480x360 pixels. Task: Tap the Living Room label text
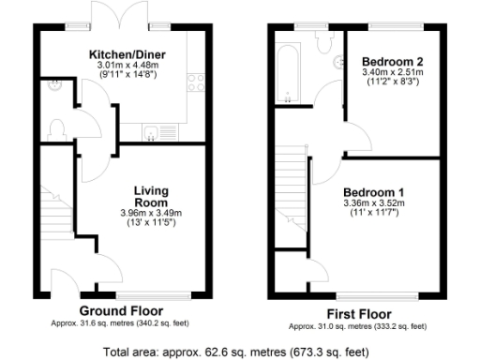[x=150, y=195]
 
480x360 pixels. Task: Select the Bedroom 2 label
[x=393, y=61]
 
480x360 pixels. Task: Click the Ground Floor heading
[x=121, y=310]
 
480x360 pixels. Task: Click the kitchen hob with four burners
[x=197, y=82]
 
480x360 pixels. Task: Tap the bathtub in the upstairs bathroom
[x=284, y=70]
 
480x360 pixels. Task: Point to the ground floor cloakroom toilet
[x=56, y=127]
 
